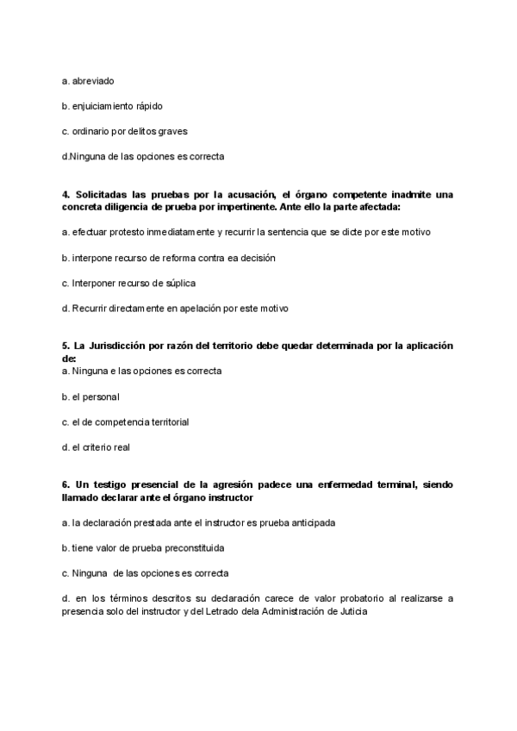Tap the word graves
tap(171, 131)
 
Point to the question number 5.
tap(66, 346)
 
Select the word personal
tap(102, 397)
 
